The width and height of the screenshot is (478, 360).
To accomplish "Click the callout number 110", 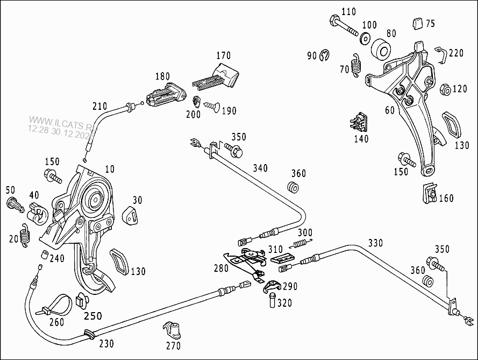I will (348, 11).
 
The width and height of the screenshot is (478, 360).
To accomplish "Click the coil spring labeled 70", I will (355, 65).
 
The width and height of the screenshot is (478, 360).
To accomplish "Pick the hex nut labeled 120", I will (444, 89).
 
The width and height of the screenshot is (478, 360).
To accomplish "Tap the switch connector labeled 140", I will (360, 123).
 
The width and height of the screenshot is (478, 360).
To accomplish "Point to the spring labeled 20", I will (25, 235).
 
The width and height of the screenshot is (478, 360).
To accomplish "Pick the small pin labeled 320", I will (272, 300).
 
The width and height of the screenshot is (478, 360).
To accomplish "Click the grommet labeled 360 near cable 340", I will (294, 188).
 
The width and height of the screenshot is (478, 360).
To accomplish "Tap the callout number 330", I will (375, 243).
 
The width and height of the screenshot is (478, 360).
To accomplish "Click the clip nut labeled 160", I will (430, 194).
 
